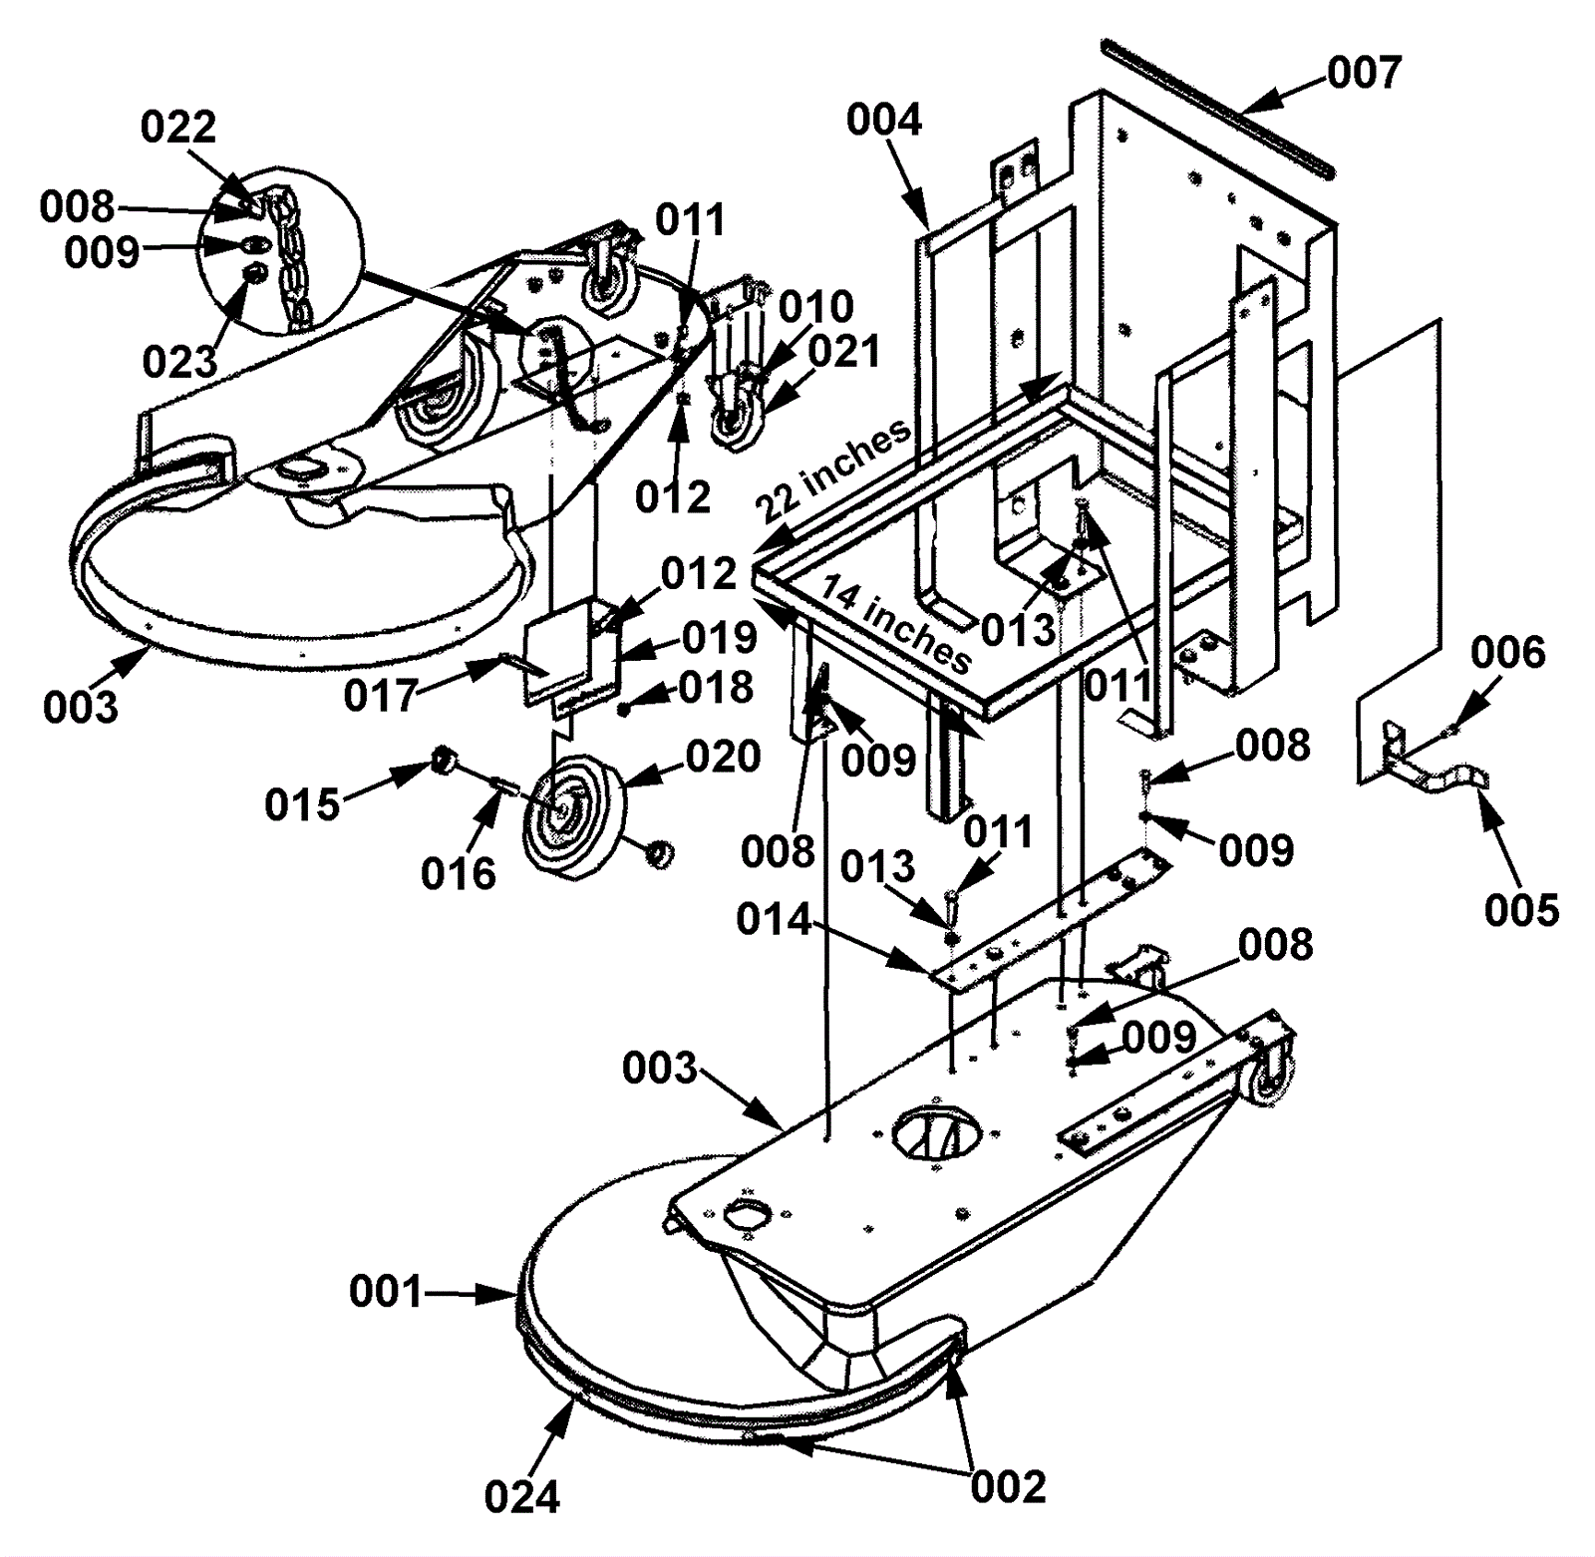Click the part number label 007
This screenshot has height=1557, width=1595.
(x=1365, y=73)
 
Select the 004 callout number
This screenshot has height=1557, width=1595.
(x=884, y=120)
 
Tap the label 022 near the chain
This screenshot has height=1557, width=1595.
(x=178, y=127)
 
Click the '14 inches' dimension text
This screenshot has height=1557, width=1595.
(x=895, y=624)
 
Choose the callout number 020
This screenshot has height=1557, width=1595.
(x=723, y=758)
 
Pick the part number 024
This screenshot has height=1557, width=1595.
(x=522, y=1497)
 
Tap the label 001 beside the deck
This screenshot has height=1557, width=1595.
(x=386, y=1293)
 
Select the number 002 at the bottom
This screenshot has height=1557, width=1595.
(x=1009, y=1487)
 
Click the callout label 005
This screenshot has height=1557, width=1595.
(x=1521, y=910)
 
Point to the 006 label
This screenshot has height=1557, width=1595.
(x=1508, y=653)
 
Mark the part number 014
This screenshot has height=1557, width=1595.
(x=774, y=919)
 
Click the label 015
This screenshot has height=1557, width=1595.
(x=302, y=804)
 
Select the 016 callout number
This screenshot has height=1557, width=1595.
(x=459, y=874)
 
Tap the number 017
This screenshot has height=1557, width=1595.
(x=382, y=696)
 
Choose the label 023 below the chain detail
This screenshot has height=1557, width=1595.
(x=179, y=363)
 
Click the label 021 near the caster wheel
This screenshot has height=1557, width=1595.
(x=844, y=352)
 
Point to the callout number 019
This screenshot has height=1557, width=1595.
(x=720, y=638)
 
